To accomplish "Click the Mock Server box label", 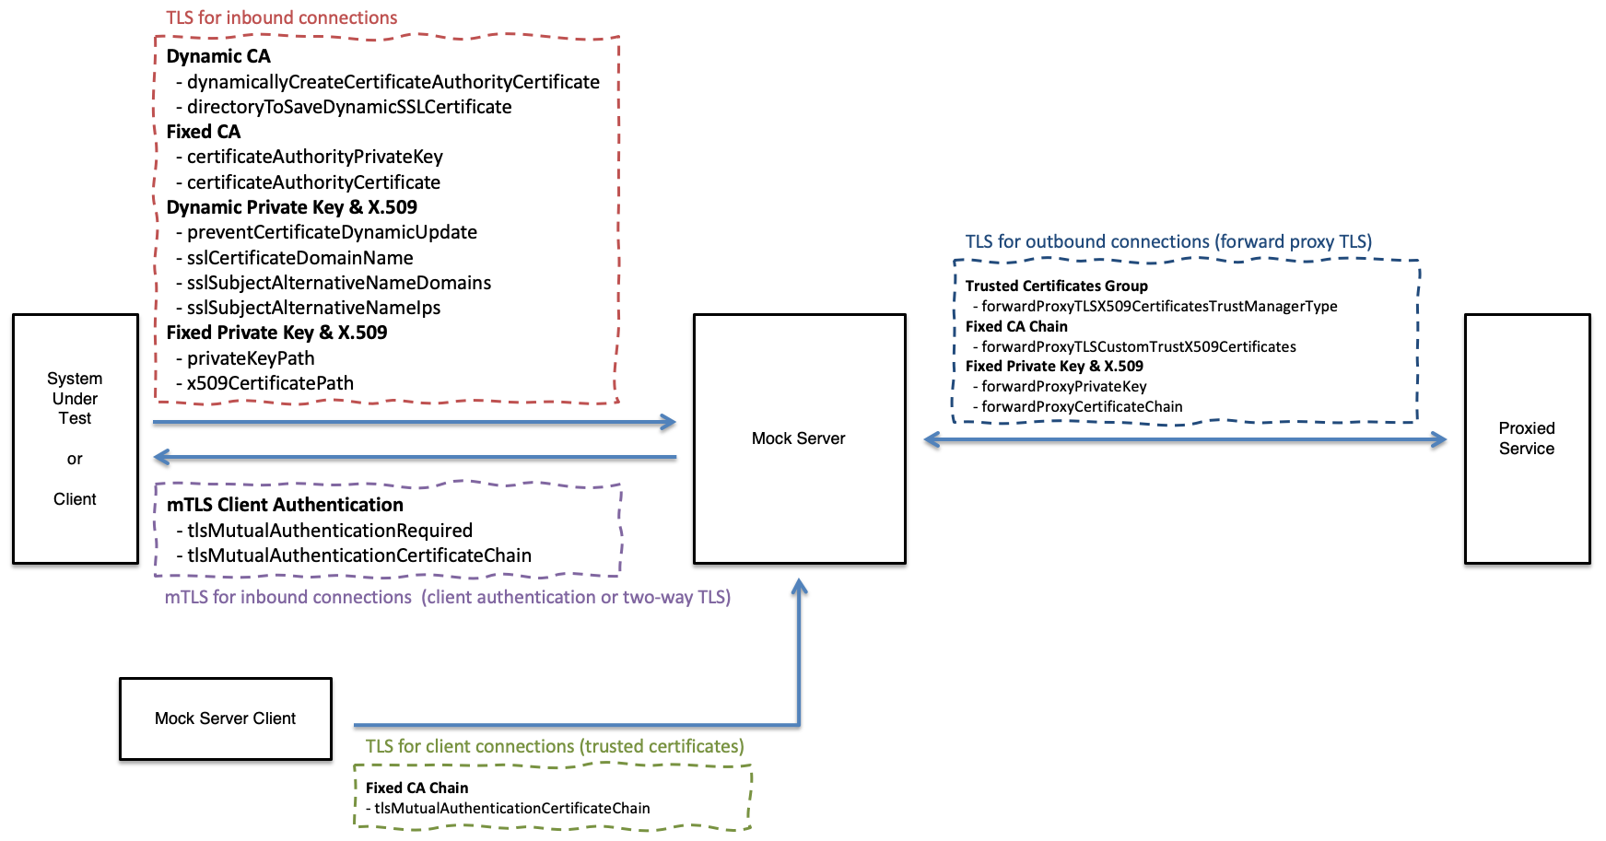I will coord(798,438).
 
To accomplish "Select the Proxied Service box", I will coord(1527,438).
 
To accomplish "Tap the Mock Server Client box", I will coord(225,718).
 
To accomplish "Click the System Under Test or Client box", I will coord(75,438).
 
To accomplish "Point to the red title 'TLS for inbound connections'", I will coord(281,18).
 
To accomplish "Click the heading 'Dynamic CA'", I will coord(218,56).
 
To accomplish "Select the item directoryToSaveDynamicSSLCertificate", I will coord(348,107).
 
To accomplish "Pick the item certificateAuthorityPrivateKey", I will coord(314,157).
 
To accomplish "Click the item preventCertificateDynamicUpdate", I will coord(332,232).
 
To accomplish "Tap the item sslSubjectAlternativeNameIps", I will coord(313,308).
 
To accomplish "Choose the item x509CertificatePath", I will coord(270,383).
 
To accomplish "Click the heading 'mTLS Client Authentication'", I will coord(285,505).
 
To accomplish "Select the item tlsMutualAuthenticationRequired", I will coord(329,531).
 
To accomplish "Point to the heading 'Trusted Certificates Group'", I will coord(1056,286).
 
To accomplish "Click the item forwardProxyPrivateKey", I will coord(1063,387).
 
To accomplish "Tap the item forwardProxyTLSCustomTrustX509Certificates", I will coord(1138,347).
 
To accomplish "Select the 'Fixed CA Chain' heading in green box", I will coord(416,788).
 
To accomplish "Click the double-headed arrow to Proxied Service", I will coord(1185,440).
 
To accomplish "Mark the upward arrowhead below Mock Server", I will coord(799,588).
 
